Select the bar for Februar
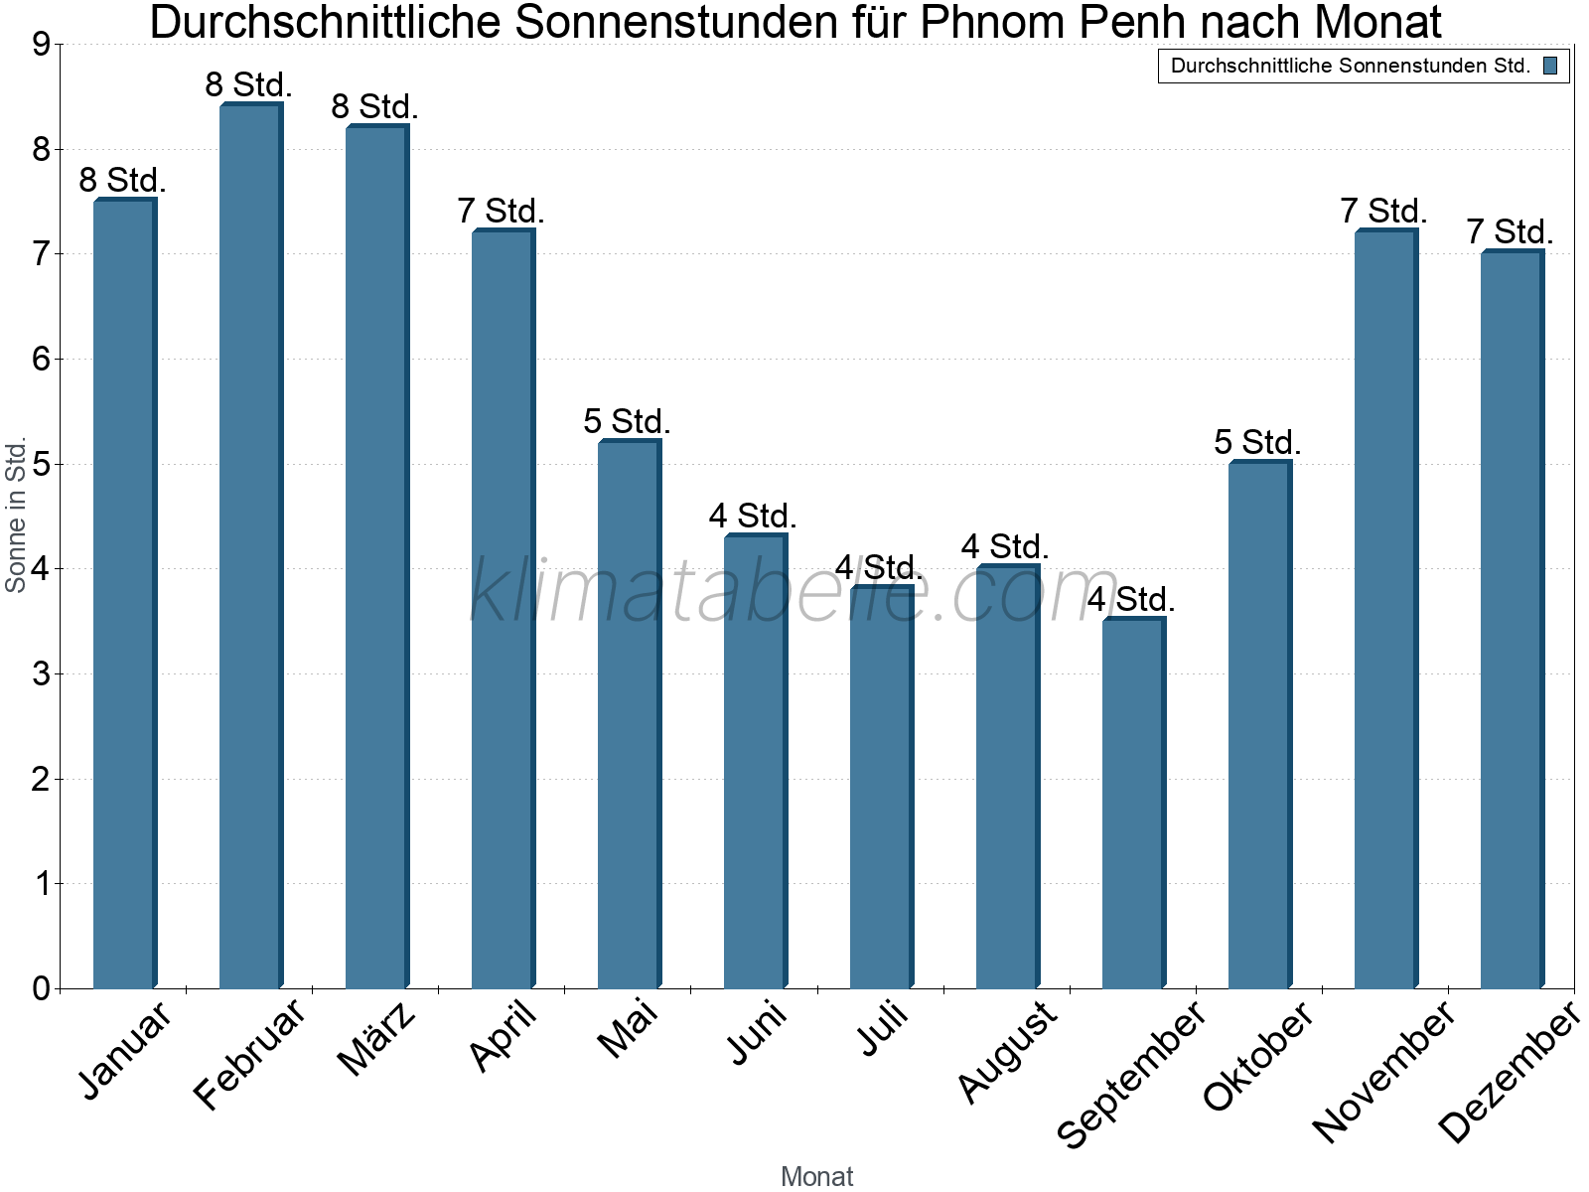click(x=250, y=546)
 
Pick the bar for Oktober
click(x=1259, y=725)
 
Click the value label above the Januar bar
click(x=122, y=181)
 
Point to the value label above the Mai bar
click(x=627, y=421)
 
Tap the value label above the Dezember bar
click(x=1510, y=232)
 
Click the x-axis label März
click(x=378, y=1038)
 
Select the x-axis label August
click(x=1008, y=1051)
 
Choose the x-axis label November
click(x=1384, y=1071)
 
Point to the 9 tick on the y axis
click(x=41, y=45)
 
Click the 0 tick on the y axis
click(x=41, y=988)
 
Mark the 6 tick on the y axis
click(x=41, y=360)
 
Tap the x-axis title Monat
click(x=816, y=1176)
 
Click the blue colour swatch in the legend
click(x=1550, y=67)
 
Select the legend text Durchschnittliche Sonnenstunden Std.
click(x=1350, y=67)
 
